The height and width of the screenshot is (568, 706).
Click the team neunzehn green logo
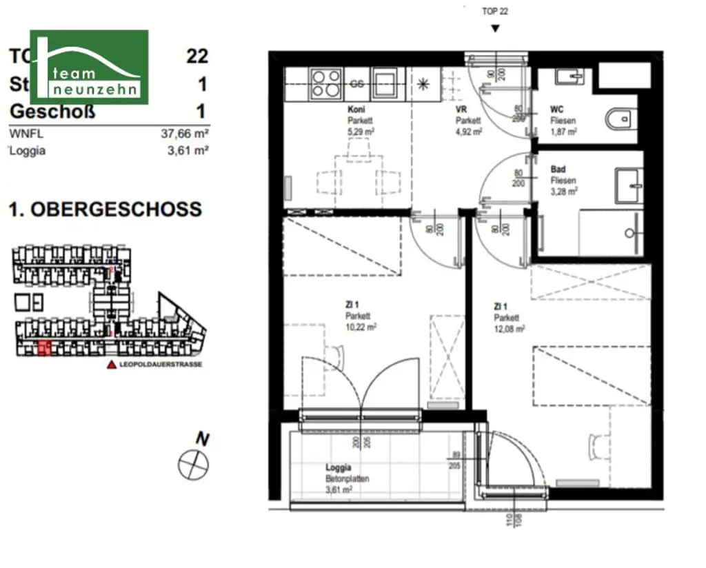click(x=88, y=67)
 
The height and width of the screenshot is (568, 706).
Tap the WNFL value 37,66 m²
click(x=185, y=135)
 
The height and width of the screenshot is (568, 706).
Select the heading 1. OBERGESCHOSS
click(x=105, y=209)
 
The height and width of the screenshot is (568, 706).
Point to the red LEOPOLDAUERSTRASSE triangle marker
click(x=110, y=365)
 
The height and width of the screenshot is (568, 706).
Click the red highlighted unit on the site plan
click(x=44, y=348)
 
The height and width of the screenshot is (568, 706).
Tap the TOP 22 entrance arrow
click(x=494, y=28)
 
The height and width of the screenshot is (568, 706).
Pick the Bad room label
click(x=558, y=169)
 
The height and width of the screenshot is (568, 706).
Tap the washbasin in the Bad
click(x=628, y=185)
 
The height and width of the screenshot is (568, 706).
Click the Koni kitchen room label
click(x=356, y=110)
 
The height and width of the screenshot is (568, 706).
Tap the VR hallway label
click(x=461, y=110)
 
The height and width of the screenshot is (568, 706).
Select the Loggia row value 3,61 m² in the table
click(x=185, y=151)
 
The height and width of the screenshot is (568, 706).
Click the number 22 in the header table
click(x=197, y=56)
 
